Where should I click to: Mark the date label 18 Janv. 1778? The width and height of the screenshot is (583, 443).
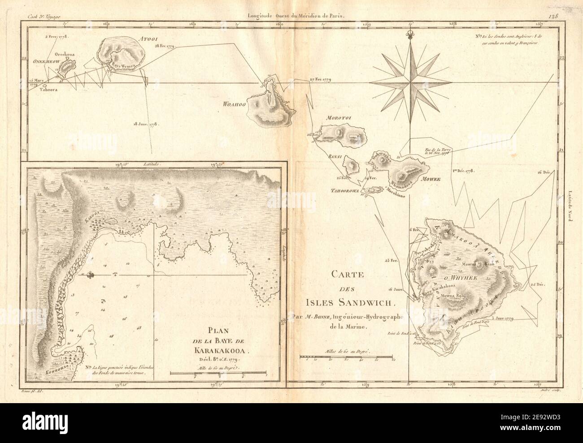pyautogui.click(x=147, y=123)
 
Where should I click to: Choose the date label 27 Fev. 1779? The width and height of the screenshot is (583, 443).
pyautogui.click(x=320, y=80)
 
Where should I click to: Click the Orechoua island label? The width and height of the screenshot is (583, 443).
pyautogui.click(x=64, y=54)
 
